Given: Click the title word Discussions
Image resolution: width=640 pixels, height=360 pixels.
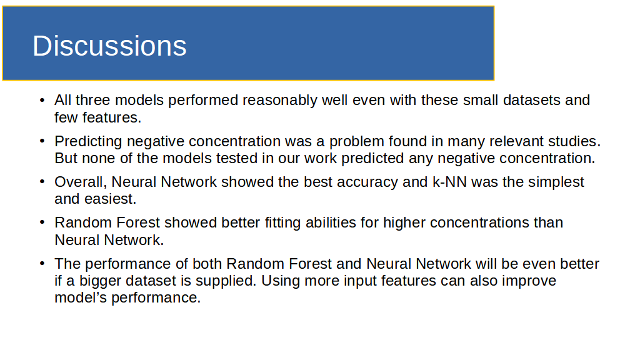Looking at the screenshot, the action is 109,46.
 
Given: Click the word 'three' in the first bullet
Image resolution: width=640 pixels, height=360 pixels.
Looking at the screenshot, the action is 92,100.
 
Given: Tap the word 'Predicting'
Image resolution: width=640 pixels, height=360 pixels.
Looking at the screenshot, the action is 88,142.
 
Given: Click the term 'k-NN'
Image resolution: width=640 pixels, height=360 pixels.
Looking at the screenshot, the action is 449,182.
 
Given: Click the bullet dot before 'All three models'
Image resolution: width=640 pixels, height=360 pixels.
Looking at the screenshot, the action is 42,100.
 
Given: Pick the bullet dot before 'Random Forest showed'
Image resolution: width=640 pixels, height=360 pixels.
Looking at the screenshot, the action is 42,222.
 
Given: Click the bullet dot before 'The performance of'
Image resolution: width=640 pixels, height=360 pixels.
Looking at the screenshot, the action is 42,264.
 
